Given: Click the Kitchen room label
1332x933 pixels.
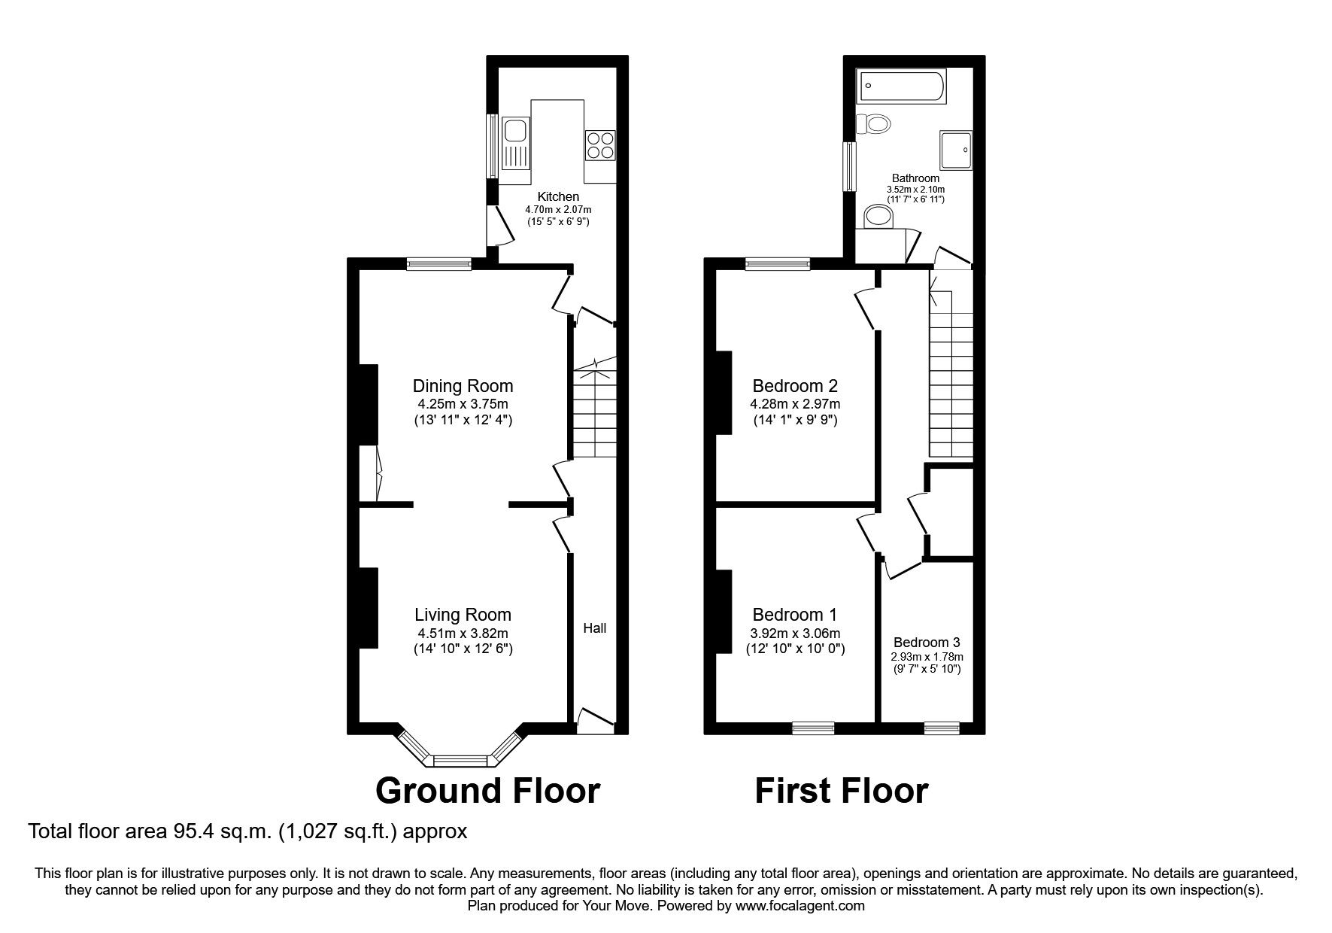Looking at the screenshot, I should (x=558, y=196).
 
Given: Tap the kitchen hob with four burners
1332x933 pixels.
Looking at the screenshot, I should (x=599, y=144).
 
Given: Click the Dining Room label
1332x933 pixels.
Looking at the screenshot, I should (x=463, y=386).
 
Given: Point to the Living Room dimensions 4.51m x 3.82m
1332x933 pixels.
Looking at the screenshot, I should (x=463, y=634).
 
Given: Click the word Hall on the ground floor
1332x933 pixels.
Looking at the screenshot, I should (x=594, y=628).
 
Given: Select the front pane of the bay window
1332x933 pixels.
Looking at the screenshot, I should (x=460, y=761).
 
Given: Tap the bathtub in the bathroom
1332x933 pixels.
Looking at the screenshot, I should (x=901, y=87).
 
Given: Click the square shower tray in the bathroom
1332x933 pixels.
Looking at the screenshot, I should (x=955, y=149).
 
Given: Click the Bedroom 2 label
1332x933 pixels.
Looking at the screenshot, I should (x=795, y=386).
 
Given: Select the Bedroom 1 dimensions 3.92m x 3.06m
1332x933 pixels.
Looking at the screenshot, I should (x=795, y=634).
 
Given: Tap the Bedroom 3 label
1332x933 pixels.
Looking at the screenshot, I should (x=926, y=643).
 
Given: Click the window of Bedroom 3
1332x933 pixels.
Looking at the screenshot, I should (x=941, y=728).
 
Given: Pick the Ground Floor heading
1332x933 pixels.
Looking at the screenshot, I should (x=487, y=791).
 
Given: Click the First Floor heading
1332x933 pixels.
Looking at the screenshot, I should (x=841, y=791).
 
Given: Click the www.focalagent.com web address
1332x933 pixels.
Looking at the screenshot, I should (x=800, y=906).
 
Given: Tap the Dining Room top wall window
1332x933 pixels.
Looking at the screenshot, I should (x=438, y=263).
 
